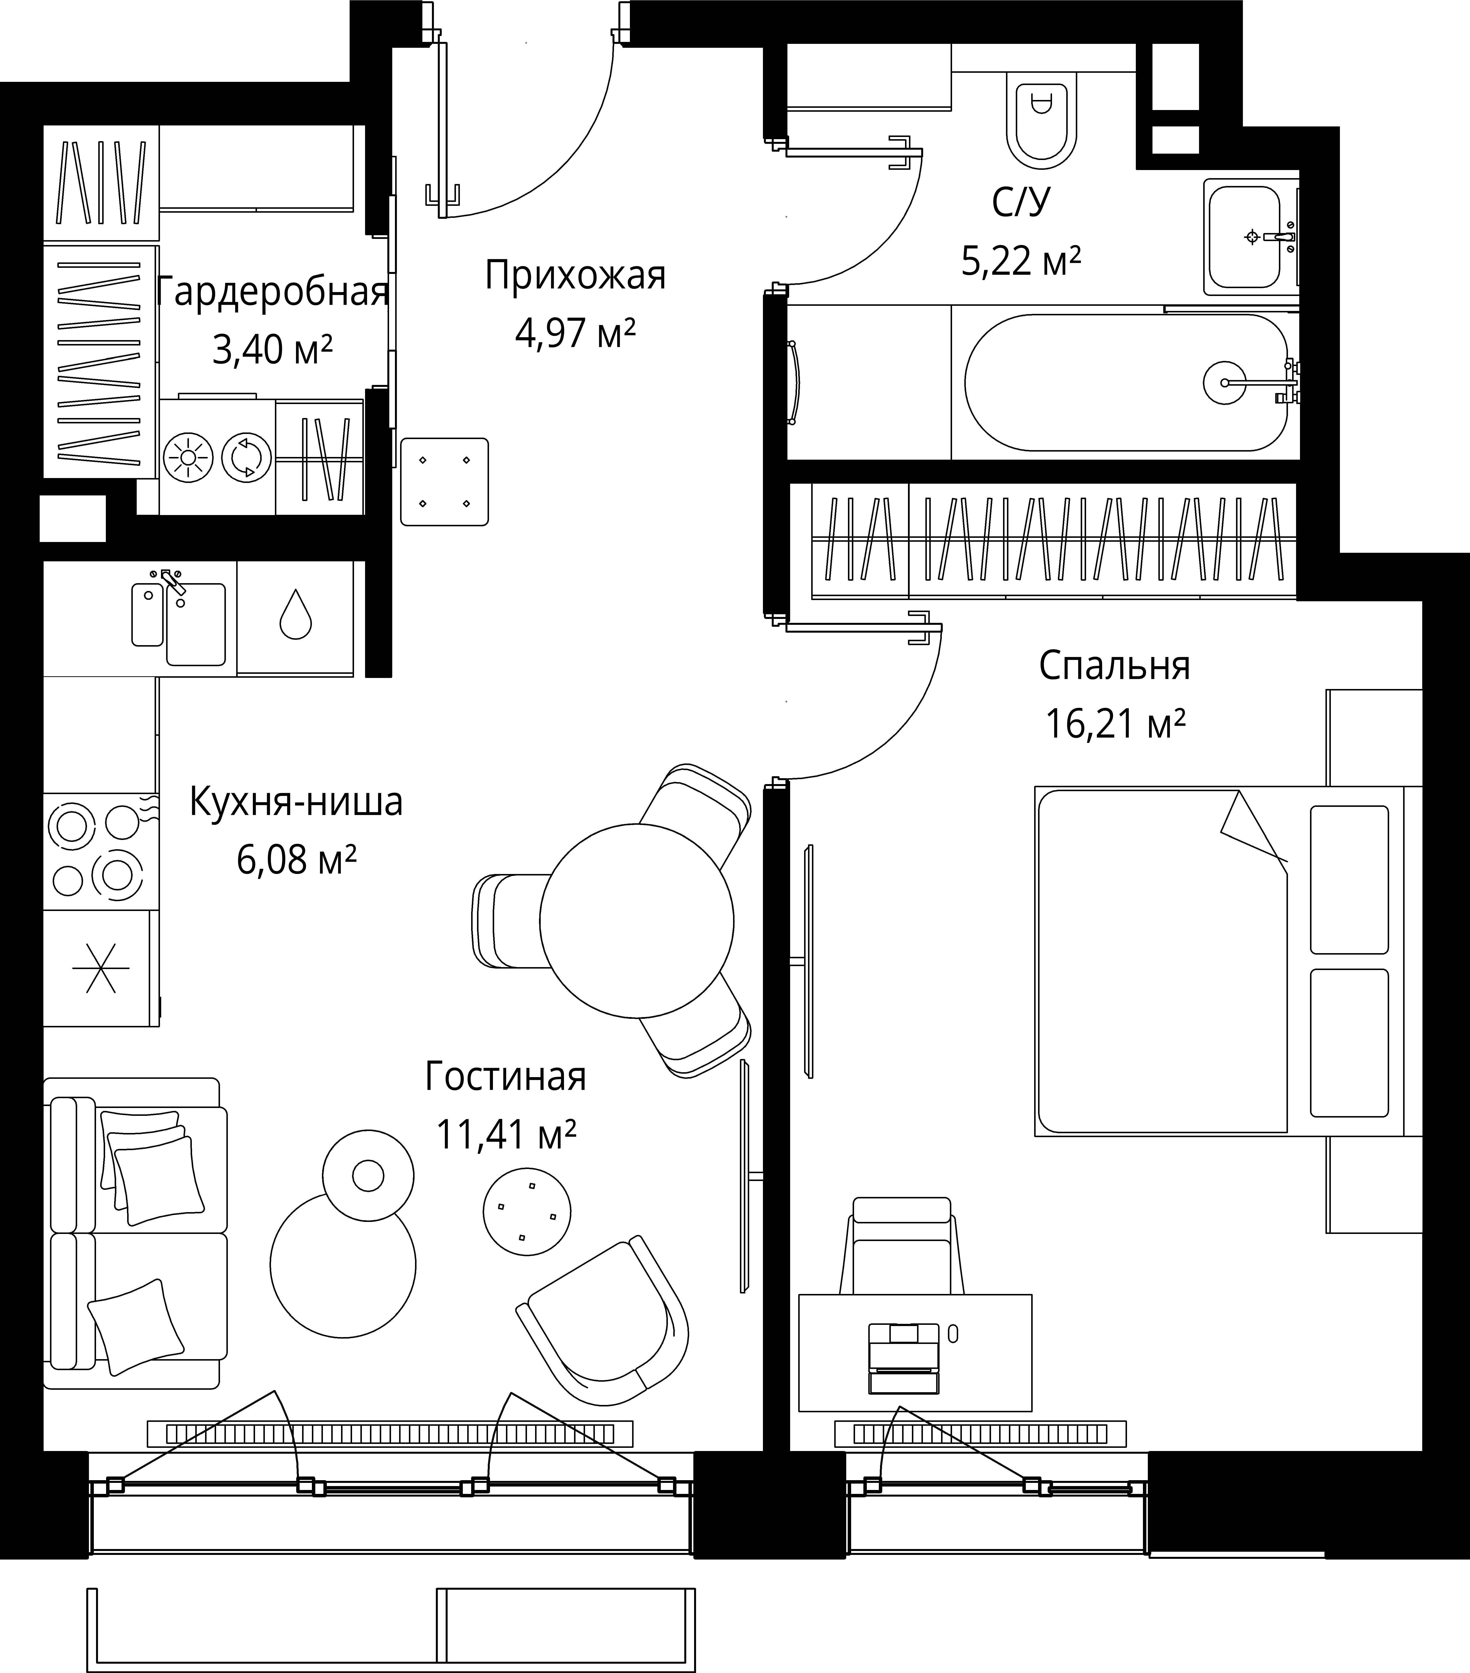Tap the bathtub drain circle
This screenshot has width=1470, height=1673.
(x=1225, y=382)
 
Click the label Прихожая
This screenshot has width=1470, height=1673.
(x=576, y=276)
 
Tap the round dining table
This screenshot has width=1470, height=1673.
(x=636, y=921)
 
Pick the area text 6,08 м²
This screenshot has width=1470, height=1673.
(x=296, y=860)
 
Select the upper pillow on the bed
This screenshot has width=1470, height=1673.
(x=1349, y=880)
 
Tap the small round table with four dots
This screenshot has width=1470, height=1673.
(x=527, y=1211)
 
